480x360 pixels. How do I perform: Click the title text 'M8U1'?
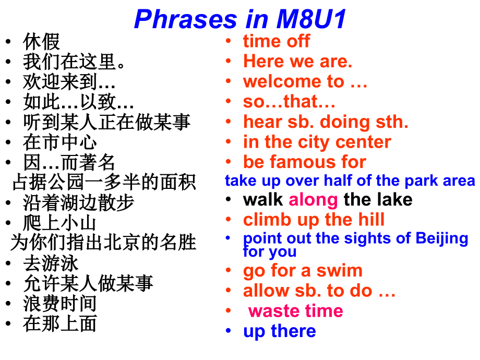[311, 19]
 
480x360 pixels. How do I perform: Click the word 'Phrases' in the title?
[186, 19]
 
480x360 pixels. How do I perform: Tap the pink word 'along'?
[313, 200]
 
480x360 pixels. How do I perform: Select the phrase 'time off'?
[277, 41]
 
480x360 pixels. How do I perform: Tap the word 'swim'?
[339, 271]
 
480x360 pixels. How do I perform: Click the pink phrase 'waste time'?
[296, 311]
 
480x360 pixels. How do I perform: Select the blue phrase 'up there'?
[280, 331]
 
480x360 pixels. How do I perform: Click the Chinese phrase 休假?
[41, 42]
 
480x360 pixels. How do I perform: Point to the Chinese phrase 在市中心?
[60, 142]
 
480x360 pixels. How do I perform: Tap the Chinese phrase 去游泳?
[51, 263]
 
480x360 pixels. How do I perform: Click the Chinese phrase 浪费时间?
[60, 303]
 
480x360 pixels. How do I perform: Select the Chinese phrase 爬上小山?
[60, 223]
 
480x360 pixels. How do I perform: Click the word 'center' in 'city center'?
[363, 142]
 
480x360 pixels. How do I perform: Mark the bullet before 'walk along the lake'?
[229, 199]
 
